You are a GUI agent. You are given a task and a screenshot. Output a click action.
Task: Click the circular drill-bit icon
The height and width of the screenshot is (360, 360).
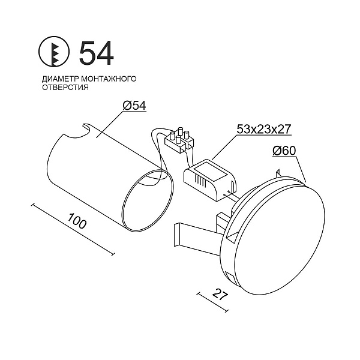click(54, 52)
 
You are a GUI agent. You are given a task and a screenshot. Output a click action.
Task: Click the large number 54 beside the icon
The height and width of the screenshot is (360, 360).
click(97, 53)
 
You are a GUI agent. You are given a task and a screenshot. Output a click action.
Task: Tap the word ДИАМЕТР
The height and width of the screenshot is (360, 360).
click(60, 79)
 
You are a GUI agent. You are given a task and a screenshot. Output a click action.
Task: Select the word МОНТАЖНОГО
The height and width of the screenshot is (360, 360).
click(109, 79)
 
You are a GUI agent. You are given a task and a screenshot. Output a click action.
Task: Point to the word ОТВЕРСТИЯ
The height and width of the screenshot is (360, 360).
click(65, 88)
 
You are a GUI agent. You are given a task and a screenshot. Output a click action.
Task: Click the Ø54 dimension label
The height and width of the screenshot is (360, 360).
click(134, 106)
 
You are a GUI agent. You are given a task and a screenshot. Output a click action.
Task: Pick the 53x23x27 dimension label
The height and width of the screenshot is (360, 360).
click(264, 129)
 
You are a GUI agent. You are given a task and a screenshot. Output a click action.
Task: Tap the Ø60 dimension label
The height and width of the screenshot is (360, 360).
click(284, 151)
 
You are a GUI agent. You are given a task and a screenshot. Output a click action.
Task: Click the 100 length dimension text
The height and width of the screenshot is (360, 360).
click(77, 221)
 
